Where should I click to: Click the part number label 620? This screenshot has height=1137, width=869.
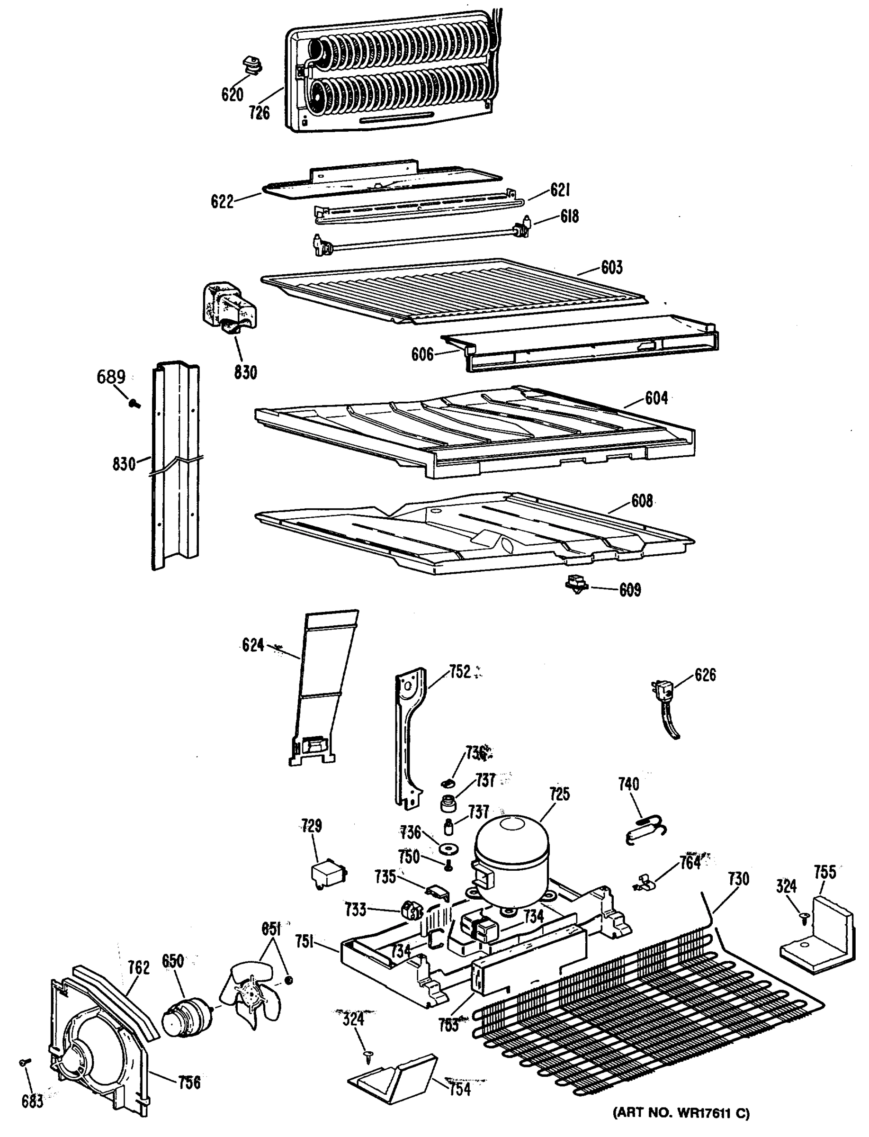(232, 95)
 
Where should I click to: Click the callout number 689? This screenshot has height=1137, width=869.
(111, 376)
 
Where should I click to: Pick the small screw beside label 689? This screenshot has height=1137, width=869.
(135, 403)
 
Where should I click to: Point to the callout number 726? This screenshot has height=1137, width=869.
(259, 112)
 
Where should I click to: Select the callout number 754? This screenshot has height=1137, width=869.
(460, 1088)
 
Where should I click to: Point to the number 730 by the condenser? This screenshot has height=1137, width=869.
(738, 878)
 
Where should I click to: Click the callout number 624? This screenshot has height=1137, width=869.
(253, 645)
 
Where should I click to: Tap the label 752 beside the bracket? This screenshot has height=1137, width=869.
(460, 672)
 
